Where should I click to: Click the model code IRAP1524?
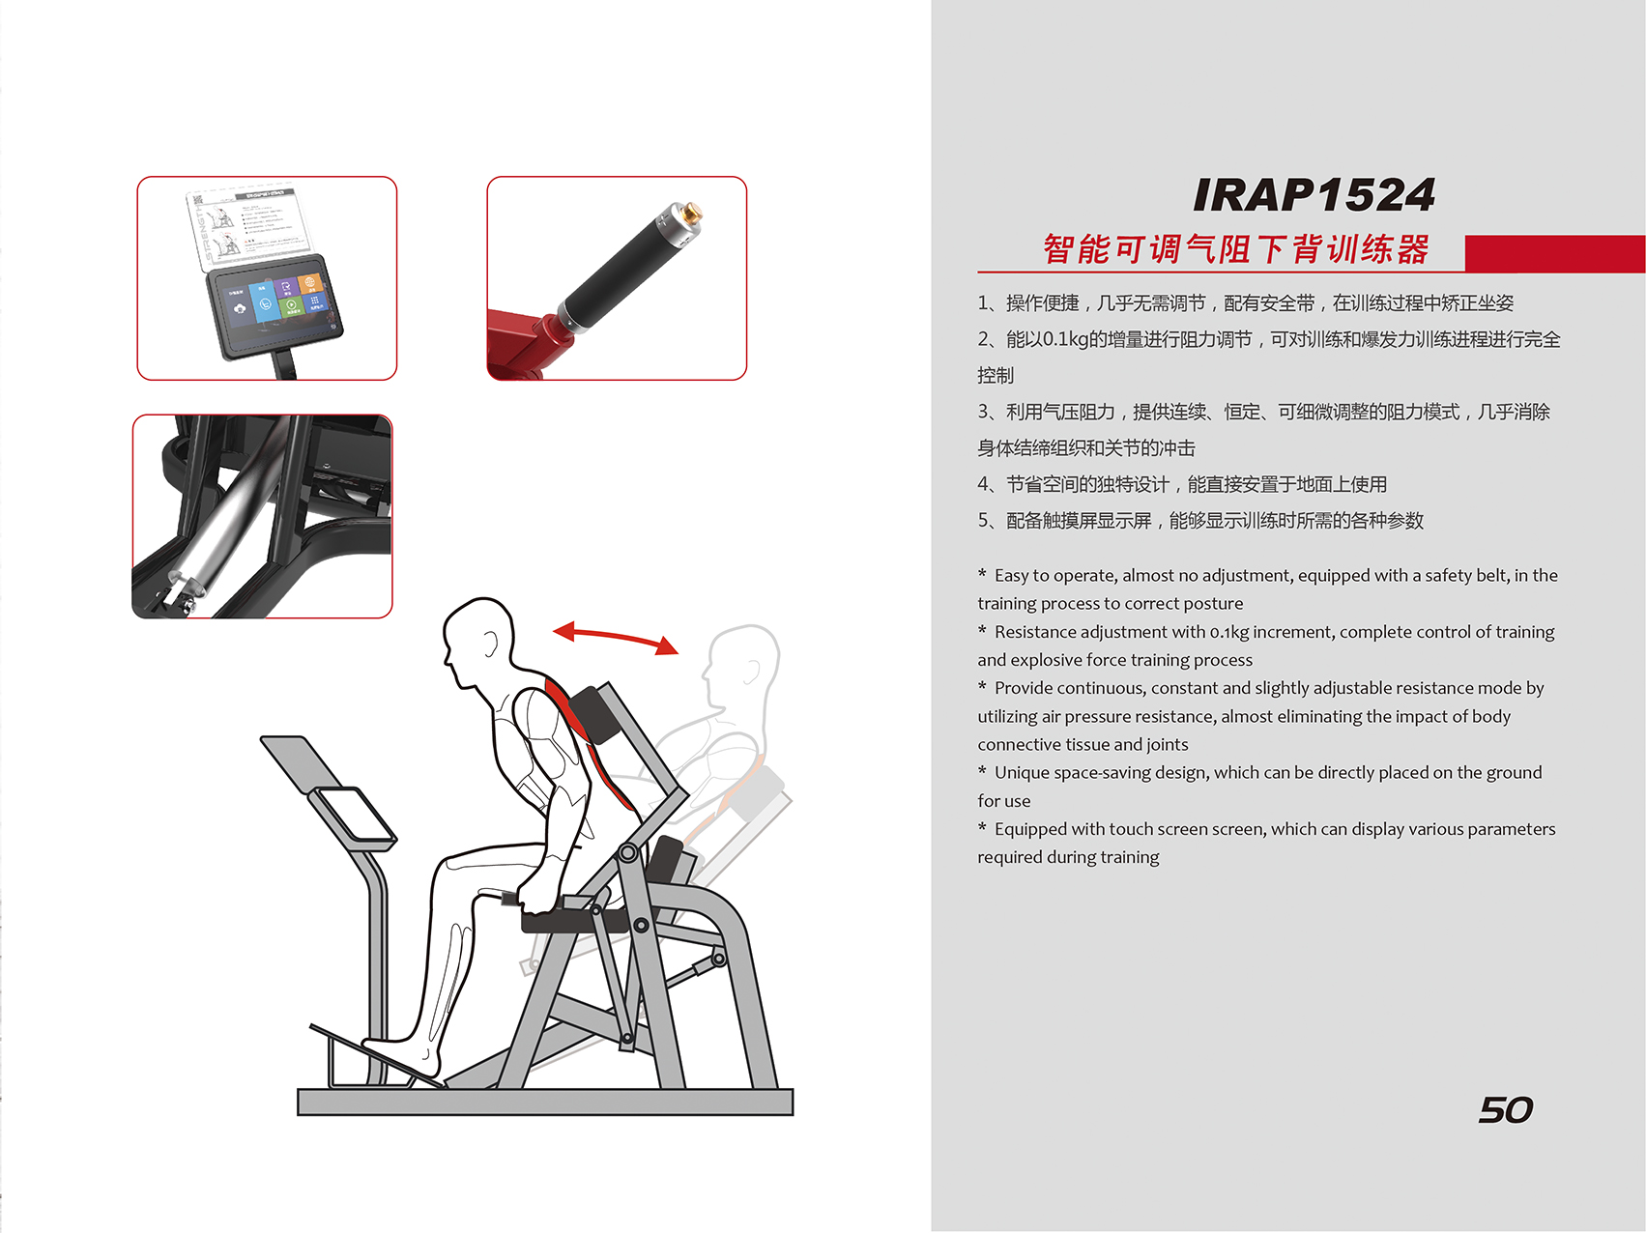tap(1314, 195)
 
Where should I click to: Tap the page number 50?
tap(1505, 1109)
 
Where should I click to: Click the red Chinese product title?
tap(1236, 249)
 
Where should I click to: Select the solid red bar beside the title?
tap(1555, 253)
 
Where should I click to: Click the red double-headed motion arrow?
tap(616, 636)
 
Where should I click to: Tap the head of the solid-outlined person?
tap(478, 637)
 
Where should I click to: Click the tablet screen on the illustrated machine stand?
tap(354, 815)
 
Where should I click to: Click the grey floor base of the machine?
tap(545, 1103)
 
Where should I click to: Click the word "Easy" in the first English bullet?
tap(1011, 576)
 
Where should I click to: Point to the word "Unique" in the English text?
tap(1022, 773)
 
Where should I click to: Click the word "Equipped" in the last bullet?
tap(1030, 830)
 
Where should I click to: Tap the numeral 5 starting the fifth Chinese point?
tap(983, 521)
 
